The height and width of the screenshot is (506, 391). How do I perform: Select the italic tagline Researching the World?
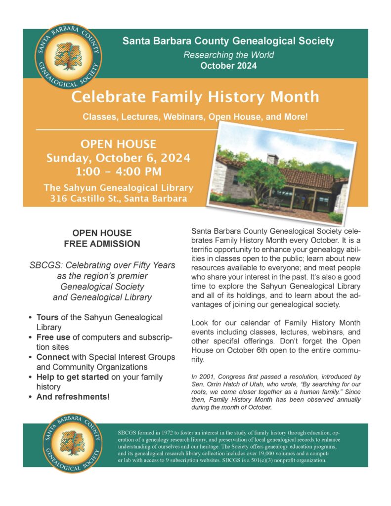point(228,55)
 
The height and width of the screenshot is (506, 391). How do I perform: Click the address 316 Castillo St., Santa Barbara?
point(118,199)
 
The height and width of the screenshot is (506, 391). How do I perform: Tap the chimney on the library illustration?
point(273,159)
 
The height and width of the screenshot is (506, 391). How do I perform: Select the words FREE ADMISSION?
point(102,244)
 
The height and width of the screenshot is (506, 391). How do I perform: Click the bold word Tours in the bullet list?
point(47,317)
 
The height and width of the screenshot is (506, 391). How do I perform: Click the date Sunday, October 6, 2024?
point(118,159)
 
